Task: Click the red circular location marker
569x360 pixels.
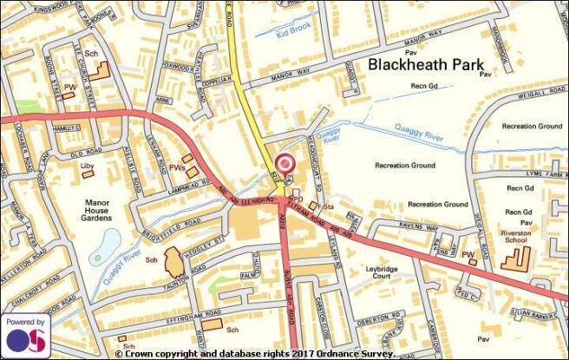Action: click(284, 164)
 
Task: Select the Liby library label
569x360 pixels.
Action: click(86, 165)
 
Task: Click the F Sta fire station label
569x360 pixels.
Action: click(324, 207)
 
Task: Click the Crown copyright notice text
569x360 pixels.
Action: click(256, 354)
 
